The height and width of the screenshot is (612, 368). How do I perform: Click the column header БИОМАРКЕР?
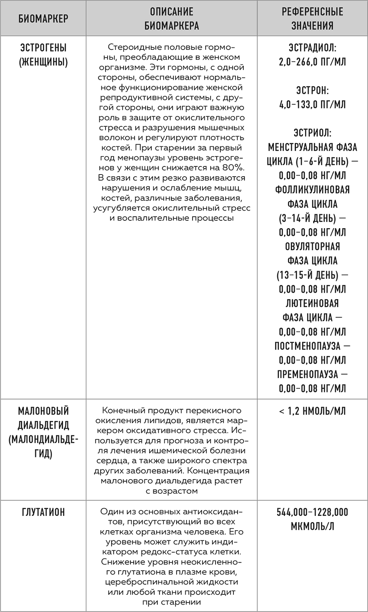(x=43, y=18)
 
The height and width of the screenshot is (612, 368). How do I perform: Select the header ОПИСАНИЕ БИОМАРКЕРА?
(x=171, y=18)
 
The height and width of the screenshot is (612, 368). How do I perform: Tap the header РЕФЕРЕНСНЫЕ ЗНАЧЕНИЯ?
(x=312, y=18)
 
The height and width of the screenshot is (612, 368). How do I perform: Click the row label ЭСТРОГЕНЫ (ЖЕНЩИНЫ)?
(x=43, y=55)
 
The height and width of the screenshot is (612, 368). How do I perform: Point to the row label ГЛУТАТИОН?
(x=43, y=512)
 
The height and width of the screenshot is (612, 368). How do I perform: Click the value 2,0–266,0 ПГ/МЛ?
(x=312, y=62)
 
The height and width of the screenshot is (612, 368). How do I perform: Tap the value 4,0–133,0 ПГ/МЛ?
(x=312, y=105)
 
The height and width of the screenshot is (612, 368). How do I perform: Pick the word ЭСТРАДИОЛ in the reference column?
(x=312, y=48)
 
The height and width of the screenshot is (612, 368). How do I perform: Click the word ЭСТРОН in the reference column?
(x=312, y=90)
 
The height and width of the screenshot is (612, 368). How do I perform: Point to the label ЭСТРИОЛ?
(x=312, y=133)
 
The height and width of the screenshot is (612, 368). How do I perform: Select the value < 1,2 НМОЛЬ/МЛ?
(x=312, y=411)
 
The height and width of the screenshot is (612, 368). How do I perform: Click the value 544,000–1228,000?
(x=312, y=512)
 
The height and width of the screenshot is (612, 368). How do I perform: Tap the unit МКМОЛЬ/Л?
(x=312, y=527)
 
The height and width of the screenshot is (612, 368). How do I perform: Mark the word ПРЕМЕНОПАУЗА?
(x=307, y=374)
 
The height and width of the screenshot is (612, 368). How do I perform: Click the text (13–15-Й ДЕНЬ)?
(x=307, y=275)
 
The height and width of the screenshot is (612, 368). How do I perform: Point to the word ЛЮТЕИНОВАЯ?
(x=312, y=303)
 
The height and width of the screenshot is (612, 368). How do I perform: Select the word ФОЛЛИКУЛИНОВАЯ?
(x=312, y=190)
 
